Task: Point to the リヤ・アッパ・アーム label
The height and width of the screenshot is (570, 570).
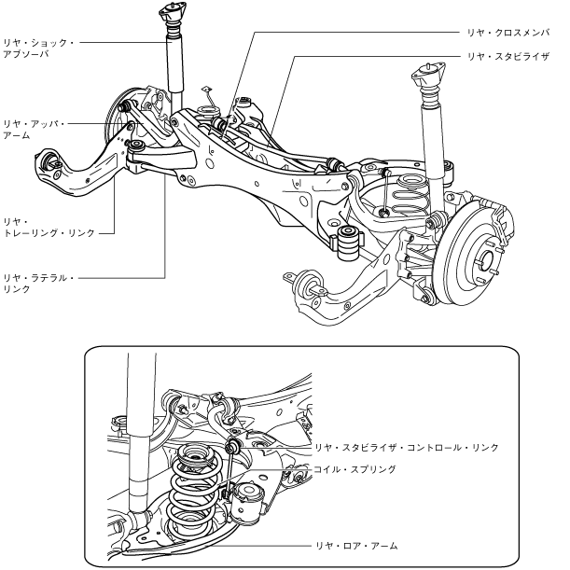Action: [34, 129]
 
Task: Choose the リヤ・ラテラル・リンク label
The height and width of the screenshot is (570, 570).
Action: [38, 284]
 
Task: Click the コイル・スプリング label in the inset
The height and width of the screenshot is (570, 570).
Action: [359, 470]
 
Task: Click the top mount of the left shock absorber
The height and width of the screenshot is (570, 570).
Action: [172, 15]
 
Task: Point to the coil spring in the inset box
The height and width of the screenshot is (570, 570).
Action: [196, 490]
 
